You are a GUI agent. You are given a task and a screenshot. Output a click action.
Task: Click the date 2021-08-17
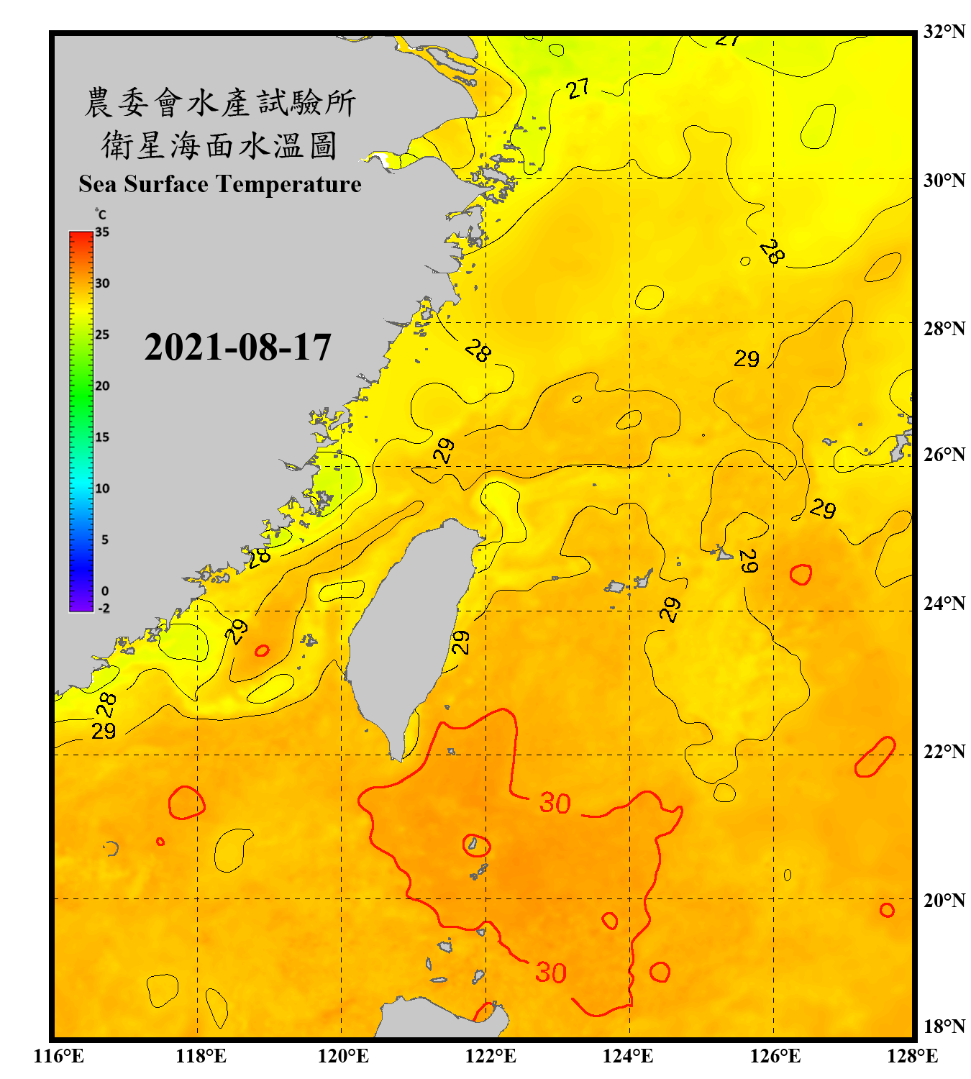click(237, 347)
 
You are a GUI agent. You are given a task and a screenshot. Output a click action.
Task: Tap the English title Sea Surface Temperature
click(220, 184)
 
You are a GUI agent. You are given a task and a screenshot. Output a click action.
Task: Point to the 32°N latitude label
click(944, 32)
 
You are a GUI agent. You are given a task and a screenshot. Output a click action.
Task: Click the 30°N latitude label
click(944, 180)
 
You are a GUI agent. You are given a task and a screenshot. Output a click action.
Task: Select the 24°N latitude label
click(944, 603)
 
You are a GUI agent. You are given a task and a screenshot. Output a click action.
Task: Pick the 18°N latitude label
click(944, 1026)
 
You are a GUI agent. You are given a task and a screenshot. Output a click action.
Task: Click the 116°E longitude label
click(59, 1056)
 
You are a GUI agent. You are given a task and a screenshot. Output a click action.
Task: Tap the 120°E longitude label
click(343, 1056)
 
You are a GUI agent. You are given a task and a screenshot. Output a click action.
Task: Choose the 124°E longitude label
click(628, 1056)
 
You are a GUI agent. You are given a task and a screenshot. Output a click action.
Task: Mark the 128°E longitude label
click(912, 1056)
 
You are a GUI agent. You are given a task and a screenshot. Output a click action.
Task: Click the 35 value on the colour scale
click(102, 232)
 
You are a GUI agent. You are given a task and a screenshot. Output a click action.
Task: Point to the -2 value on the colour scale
click(104, 608)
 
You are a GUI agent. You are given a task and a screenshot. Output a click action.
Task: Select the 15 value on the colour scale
click(102, 437)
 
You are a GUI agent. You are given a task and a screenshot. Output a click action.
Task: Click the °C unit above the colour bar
click(101, 214)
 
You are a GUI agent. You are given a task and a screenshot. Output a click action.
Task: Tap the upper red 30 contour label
click(555, 803)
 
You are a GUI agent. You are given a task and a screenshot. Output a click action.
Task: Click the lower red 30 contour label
click(551, 973)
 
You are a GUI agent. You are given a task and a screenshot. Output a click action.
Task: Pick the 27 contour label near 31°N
click(578, 89)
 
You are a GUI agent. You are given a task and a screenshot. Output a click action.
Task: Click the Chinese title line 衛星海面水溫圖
click(219, 145)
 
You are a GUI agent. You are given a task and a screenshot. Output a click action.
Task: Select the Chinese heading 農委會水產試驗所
click(220, 103)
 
